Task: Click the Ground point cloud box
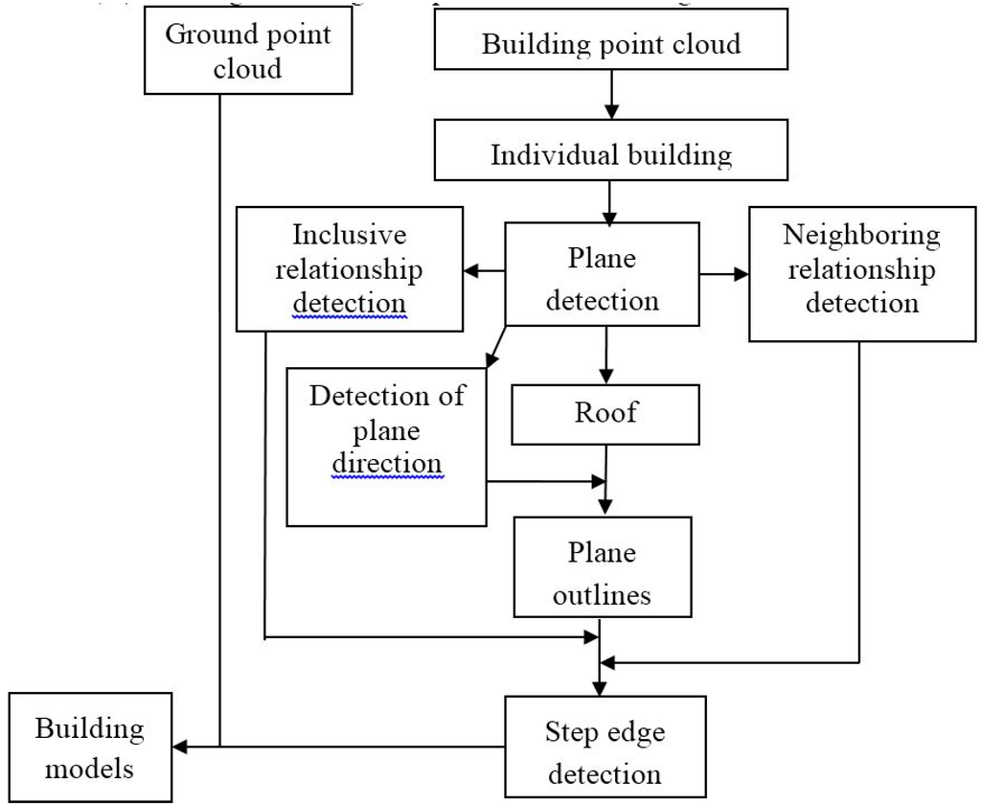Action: pyautogui.click(x=248, y=52)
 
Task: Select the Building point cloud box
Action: pyautogui.click(x=610, y=43)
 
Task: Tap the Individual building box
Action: pyautogui.click(x=610, y=154)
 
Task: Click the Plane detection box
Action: pyautogui.click(x=602, y=278)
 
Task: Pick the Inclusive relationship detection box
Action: pyautogui.click(x=349, y=269)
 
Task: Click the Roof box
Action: pyautogui.click(x=605, y=413)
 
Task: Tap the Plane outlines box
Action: pyautogui.click(x=602, y=572)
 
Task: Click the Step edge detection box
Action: pyautogui.click(x=605, y=753)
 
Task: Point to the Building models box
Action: pyautogui.click(x=90, y=748)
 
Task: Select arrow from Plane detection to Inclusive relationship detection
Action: pyautogui.click(x=484, y=271)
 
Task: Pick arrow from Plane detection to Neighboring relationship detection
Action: pyautogui.click(x=724, y=274)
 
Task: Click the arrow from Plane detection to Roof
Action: pyautogui.click(x=605, y=355)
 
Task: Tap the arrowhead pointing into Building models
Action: pyautogui.click(x=179, y=747)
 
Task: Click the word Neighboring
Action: pyautogui.click(x=861, y=235)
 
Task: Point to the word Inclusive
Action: pyautogui.click(x=349, y=235)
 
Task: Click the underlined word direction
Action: pyautogui.click(x=387, y=464)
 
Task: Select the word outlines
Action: pyautogui.click(x=602, y=594)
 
